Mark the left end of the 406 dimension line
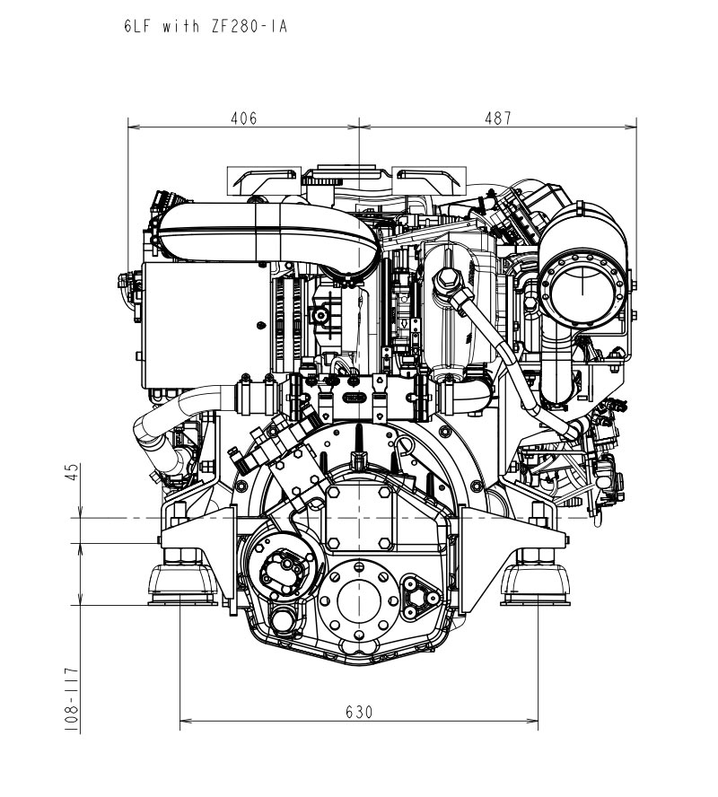[x=128, y=127]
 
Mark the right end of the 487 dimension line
[x=636, y=127]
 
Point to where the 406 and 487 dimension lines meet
[x=359, y=127]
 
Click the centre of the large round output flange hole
[x=359, y=600]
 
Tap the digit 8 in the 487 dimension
[x=497, y=118]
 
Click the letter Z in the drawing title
[x=215, y=26]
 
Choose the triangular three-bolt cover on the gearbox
[x=420, y=599]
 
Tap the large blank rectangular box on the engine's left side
[x=206, y=325]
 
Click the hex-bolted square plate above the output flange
[x=359, y=518]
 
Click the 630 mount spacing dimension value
[x=359, y=712]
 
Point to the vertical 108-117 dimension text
[x=72, y=700]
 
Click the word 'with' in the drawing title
[x=181, y=26]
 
